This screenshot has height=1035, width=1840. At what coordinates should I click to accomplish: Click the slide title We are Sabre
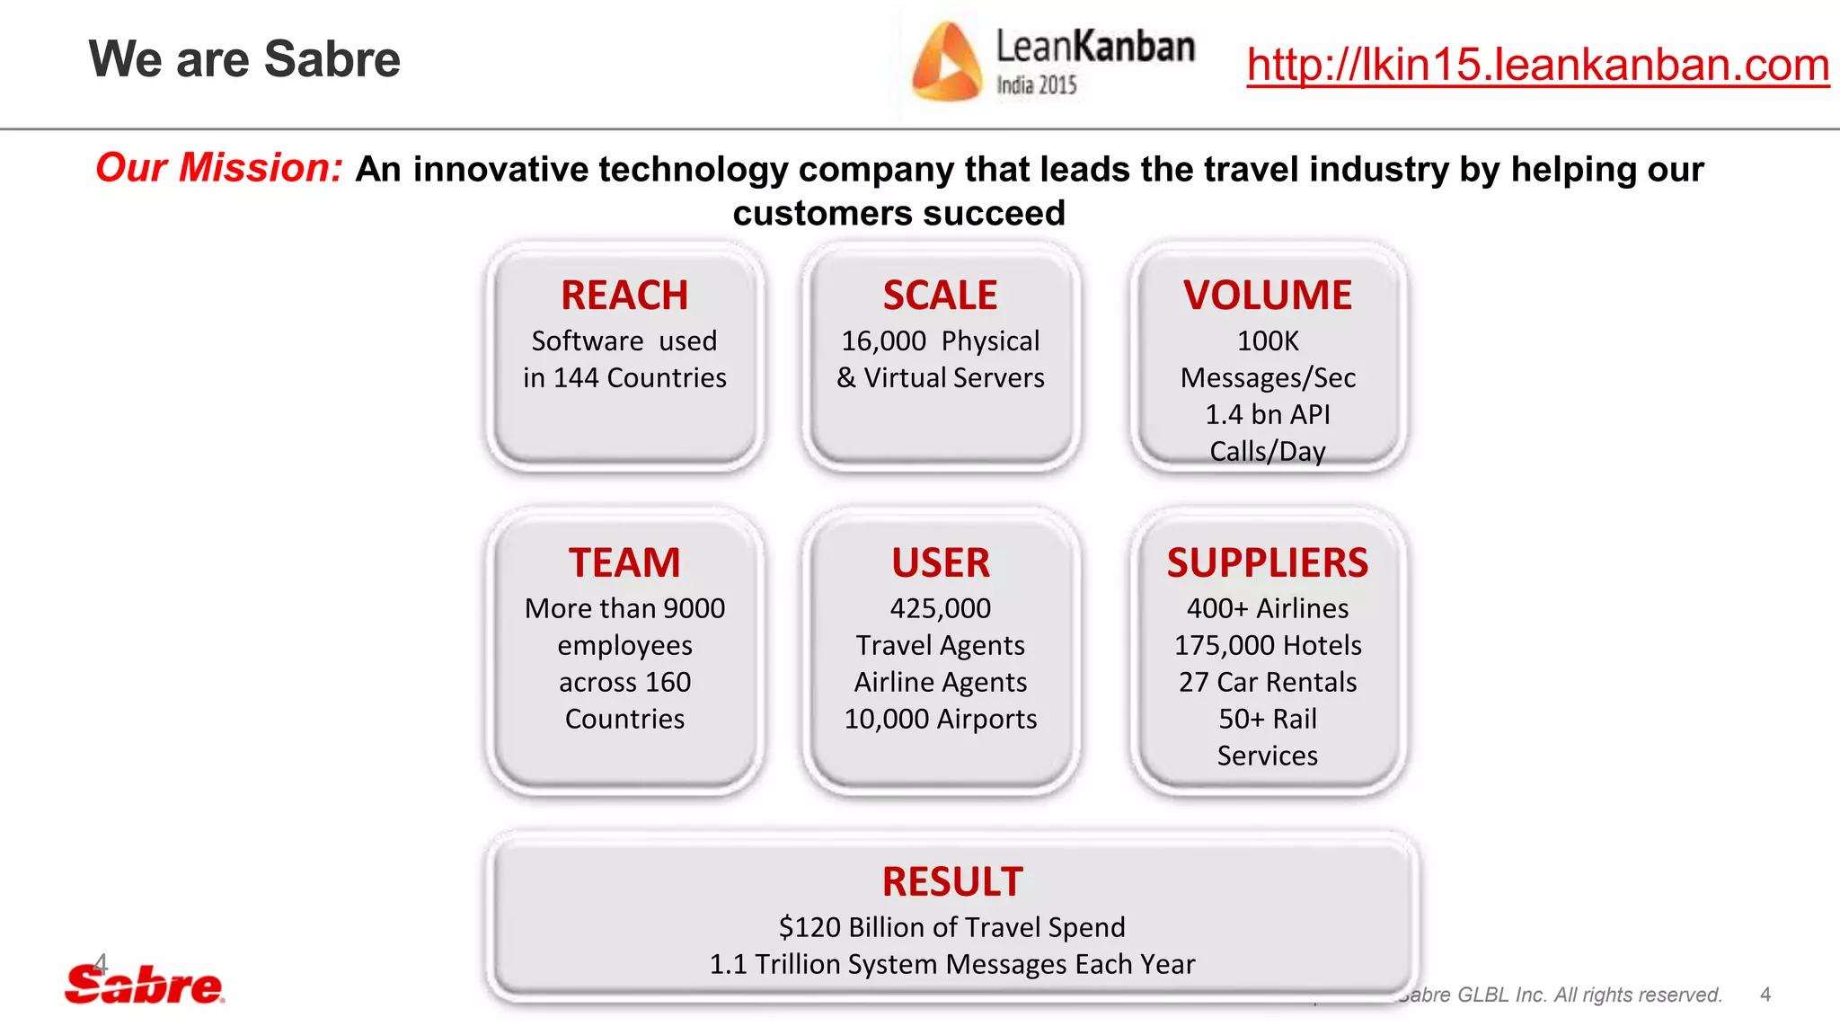pos(244,60)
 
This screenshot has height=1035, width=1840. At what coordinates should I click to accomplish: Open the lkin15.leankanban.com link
pos(1537,65)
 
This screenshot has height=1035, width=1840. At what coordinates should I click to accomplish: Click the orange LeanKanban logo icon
pos(945,61)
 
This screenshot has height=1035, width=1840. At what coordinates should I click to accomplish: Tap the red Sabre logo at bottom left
pos(144,986)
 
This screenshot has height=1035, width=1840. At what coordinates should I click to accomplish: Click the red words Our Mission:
pos(219,168)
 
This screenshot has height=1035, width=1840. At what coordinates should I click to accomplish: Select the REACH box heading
pos(624,296)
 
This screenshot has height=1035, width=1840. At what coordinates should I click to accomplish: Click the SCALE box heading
pos(940,296)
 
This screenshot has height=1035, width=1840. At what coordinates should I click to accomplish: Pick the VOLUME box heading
pos(1267,296)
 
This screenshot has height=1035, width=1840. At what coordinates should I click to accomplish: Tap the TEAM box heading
pos(624,563)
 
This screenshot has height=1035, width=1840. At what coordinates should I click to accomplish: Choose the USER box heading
pos(940,563)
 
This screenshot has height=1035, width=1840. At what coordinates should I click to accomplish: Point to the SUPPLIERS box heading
pos(1267,563)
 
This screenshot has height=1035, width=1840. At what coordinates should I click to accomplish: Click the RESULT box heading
pos(952,881)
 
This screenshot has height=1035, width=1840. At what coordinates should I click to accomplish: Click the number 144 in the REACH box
pos(576,378)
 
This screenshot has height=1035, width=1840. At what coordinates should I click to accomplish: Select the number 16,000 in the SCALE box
pos(883,341)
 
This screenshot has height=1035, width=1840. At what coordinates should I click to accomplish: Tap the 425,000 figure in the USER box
pos(940,609)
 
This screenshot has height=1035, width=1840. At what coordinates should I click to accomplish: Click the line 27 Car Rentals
pos(1267,683)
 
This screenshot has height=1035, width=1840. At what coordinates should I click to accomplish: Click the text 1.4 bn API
pos(1267,415)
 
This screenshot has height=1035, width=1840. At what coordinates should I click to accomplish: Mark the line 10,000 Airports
pos(940,720)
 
